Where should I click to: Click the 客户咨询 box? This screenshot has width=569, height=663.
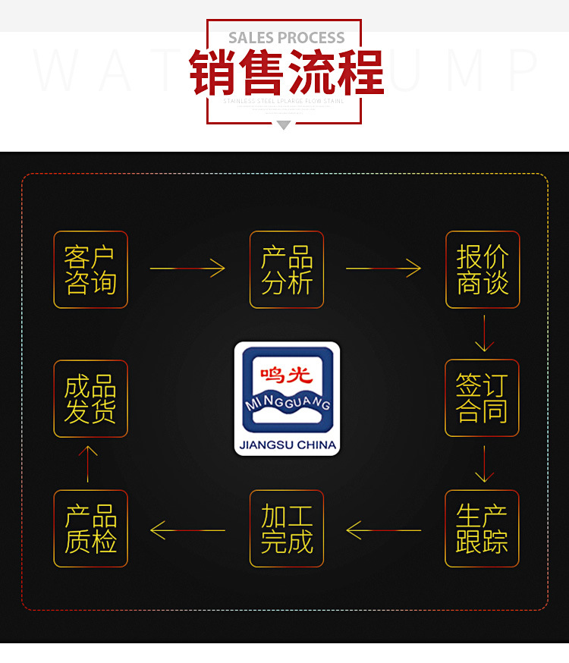coord(90,269)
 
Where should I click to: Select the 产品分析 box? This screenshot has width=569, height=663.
coord(287,269)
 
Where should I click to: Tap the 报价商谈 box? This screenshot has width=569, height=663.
coord(483,269)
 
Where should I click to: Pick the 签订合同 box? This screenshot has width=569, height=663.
coord(483,398)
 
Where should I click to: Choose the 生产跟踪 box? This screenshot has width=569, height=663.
coord(483,529)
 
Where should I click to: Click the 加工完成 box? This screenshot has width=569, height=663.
coord(287,529)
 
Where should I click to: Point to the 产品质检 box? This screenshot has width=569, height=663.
coord(90,529)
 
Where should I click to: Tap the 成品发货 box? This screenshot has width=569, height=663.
coord(90,398)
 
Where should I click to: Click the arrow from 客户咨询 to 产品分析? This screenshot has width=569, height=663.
coord(187,268)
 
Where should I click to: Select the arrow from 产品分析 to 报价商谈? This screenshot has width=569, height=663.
coord(383,268)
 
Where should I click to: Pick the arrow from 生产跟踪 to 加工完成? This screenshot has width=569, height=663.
coord(383,529)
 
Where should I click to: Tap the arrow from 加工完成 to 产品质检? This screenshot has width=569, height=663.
coord(187,529)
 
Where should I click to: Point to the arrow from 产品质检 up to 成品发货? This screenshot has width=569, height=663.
coord(89,463)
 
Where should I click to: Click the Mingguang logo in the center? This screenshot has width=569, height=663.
coord(287,390)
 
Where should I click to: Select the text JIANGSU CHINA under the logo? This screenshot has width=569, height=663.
coord(287,445)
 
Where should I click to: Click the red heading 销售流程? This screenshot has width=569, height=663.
coord(286,72)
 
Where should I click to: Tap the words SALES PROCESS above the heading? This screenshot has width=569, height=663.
coord(286,38)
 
